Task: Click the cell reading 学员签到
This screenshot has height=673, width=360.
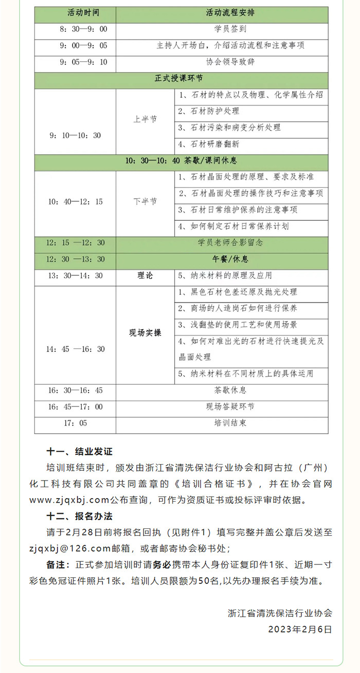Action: point(230,29)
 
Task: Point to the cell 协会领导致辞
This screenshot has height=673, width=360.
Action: point(230,62)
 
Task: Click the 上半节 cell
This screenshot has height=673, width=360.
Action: point(145,119)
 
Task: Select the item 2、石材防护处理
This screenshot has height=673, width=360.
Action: point(208,111)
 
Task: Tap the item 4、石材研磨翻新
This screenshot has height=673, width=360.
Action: point(208,144)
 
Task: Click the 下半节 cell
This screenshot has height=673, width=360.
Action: point(145,202)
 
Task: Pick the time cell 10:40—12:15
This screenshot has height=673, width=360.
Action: point(76,202)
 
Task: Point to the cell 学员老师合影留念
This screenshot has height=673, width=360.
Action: point(230,242)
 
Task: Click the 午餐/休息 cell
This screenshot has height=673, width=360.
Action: point(230,259)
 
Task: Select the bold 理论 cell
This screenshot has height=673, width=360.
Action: point(145,276)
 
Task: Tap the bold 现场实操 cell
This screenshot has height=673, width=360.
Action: point(145,333)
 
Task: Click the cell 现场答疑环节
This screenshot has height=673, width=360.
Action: point(230,406)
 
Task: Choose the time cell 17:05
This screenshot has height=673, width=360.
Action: point(76,423)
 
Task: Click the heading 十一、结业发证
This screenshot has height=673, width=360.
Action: point(79,452)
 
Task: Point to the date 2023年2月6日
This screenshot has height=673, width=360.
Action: point(300,629)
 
